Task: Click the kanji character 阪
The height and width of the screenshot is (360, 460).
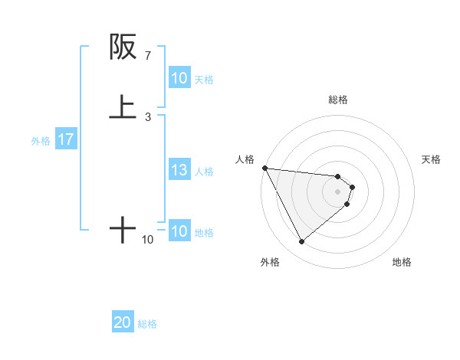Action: (123, 47)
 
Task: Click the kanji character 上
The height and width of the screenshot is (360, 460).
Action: (123, 108)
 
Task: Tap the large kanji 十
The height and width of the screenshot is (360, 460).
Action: (123, 229)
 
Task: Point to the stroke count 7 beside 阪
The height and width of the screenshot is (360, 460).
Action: (147, 56)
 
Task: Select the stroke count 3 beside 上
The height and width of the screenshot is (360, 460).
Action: (147, 117)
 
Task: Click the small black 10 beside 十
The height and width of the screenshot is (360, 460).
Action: (147, 240)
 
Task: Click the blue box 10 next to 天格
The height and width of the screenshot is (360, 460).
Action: (179, 78)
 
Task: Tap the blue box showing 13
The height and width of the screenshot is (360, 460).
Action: (179, 170)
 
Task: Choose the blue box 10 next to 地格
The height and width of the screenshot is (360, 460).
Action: (179, 231)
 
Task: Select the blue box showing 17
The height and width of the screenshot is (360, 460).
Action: (66, 139)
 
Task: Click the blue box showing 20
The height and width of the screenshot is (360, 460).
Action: (123, 322)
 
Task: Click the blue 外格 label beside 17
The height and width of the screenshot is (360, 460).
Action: (41, 141)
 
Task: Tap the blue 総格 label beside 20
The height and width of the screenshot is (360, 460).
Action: (147, 324)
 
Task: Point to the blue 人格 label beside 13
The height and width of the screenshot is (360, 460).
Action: (205, 172)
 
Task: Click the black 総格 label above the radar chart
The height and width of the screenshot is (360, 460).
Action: (338, 100)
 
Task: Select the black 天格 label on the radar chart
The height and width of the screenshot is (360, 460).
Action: (432, 159)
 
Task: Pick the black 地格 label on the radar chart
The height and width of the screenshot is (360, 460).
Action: (402, 262)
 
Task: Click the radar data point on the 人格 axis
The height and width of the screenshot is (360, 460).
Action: (264, 168)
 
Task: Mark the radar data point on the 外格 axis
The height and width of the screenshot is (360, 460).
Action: (301, 242)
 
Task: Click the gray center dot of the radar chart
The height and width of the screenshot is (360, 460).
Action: (338, 191)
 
